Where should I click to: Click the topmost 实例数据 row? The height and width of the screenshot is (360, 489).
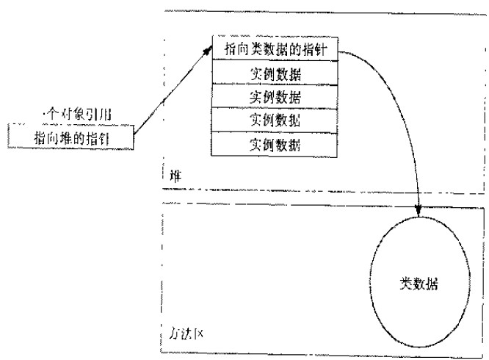point(275,73)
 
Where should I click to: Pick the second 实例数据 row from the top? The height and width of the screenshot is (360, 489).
point(275,96)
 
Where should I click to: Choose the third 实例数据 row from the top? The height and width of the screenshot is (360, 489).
point(275,119)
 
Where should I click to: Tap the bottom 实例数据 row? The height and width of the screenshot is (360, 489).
point(275,142)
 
